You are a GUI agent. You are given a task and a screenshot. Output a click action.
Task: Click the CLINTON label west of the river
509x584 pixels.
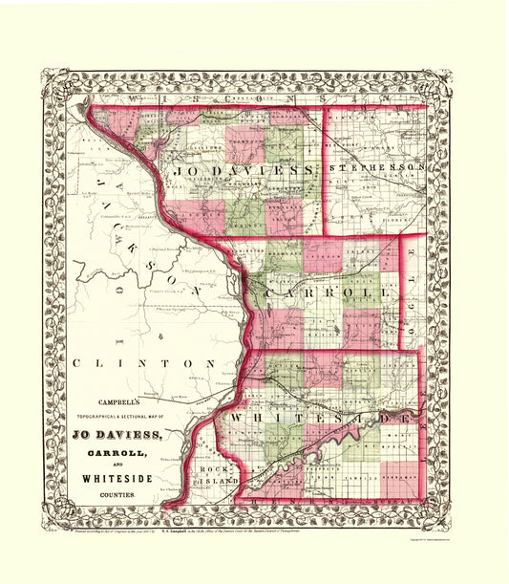click(143, 364)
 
